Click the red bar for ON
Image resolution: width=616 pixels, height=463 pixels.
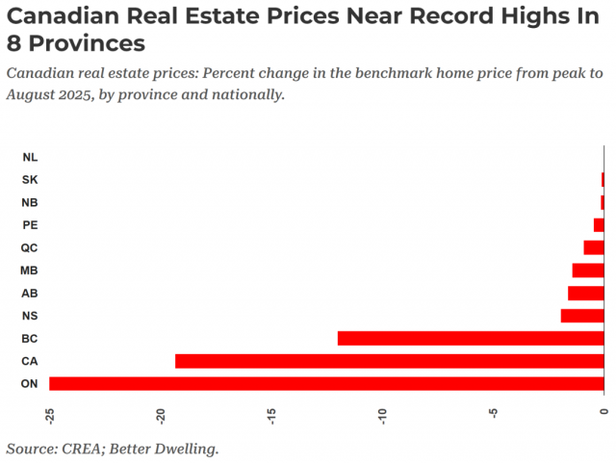point(326,384)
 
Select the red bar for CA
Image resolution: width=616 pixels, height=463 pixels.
point(389,361)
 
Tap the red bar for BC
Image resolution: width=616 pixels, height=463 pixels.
point(471,338)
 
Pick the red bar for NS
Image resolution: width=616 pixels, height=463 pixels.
point(582,316)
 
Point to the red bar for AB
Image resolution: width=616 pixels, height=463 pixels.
point(586,293)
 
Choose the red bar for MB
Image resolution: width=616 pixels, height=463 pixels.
point(588,270)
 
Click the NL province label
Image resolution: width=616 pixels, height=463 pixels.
point(30,157)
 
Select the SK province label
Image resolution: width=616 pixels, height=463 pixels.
point(30,180)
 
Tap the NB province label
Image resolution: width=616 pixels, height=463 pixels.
point(30,202)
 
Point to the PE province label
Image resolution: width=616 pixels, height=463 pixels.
point(30,225)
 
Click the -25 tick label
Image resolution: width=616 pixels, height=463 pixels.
point(49,414)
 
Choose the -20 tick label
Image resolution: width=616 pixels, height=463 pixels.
point(161,414)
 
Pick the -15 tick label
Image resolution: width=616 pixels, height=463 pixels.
point(271,414)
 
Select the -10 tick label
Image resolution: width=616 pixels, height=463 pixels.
point(382,414)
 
